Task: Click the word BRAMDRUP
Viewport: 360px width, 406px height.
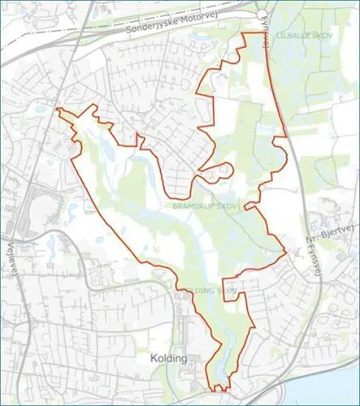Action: coord(192,208)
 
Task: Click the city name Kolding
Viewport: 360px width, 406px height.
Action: coord(170,358)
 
